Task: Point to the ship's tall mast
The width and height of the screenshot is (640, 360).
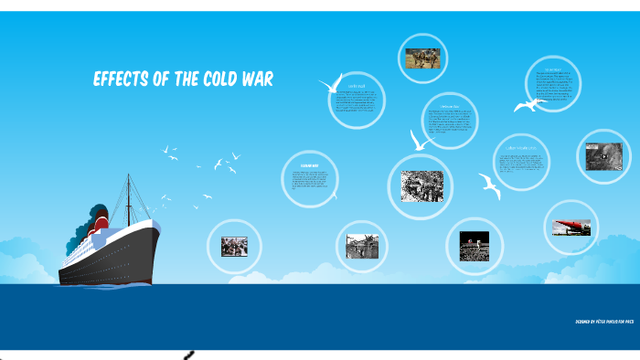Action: (x=128, y=196)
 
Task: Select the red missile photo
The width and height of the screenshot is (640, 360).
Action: (x=571, y=226)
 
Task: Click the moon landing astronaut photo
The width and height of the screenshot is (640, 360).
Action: (x=474, y=246)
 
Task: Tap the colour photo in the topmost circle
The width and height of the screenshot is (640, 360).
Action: (x=423, y=58)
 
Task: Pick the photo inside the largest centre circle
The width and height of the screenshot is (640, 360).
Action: (x=421, y=186)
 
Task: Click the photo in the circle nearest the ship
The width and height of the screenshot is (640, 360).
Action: (x=234, y=246)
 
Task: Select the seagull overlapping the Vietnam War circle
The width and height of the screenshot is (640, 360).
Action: (x=420, y=140)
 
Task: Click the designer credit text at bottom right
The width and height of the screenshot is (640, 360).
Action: (x=604, y=322)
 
